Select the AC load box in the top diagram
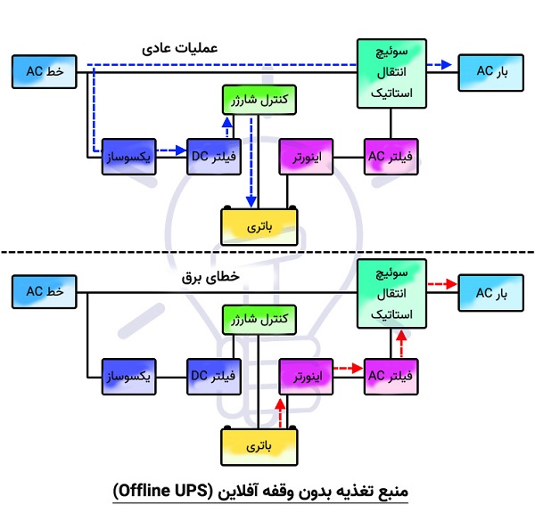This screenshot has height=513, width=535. (488, 71)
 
